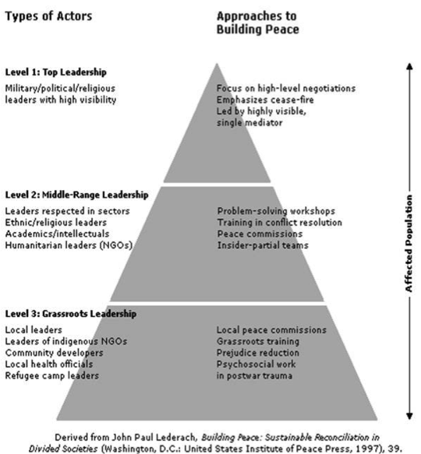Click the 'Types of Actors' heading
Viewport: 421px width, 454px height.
48,16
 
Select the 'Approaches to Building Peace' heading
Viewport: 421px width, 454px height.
258,23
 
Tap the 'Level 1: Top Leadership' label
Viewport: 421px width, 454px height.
56,72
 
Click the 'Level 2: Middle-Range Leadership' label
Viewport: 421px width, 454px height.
77,195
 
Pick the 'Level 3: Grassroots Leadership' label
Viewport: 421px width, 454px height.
71,314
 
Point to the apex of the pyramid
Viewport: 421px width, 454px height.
217,64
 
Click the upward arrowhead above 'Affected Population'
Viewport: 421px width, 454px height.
409,66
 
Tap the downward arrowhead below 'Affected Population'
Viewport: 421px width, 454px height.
409,416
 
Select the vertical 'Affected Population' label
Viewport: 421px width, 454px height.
409,243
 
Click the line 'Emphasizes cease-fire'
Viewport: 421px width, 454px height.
265,100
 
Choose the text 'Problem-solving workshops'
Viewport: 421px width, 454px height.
276,211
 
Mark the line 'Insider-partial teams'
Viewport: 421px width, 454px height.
263,245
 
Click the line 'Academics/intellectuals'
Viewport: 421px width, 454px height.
58,234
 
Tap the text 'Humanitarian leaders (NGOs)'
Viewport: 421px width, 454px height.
69,245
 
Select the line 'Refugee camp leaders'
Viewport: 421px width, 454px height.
52,376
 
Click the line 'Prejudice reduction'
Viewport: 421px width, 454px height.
258,353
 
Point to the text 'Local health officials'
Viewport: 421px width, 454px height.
49,364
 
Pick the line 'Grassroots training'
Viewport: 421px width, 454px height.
258,341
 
